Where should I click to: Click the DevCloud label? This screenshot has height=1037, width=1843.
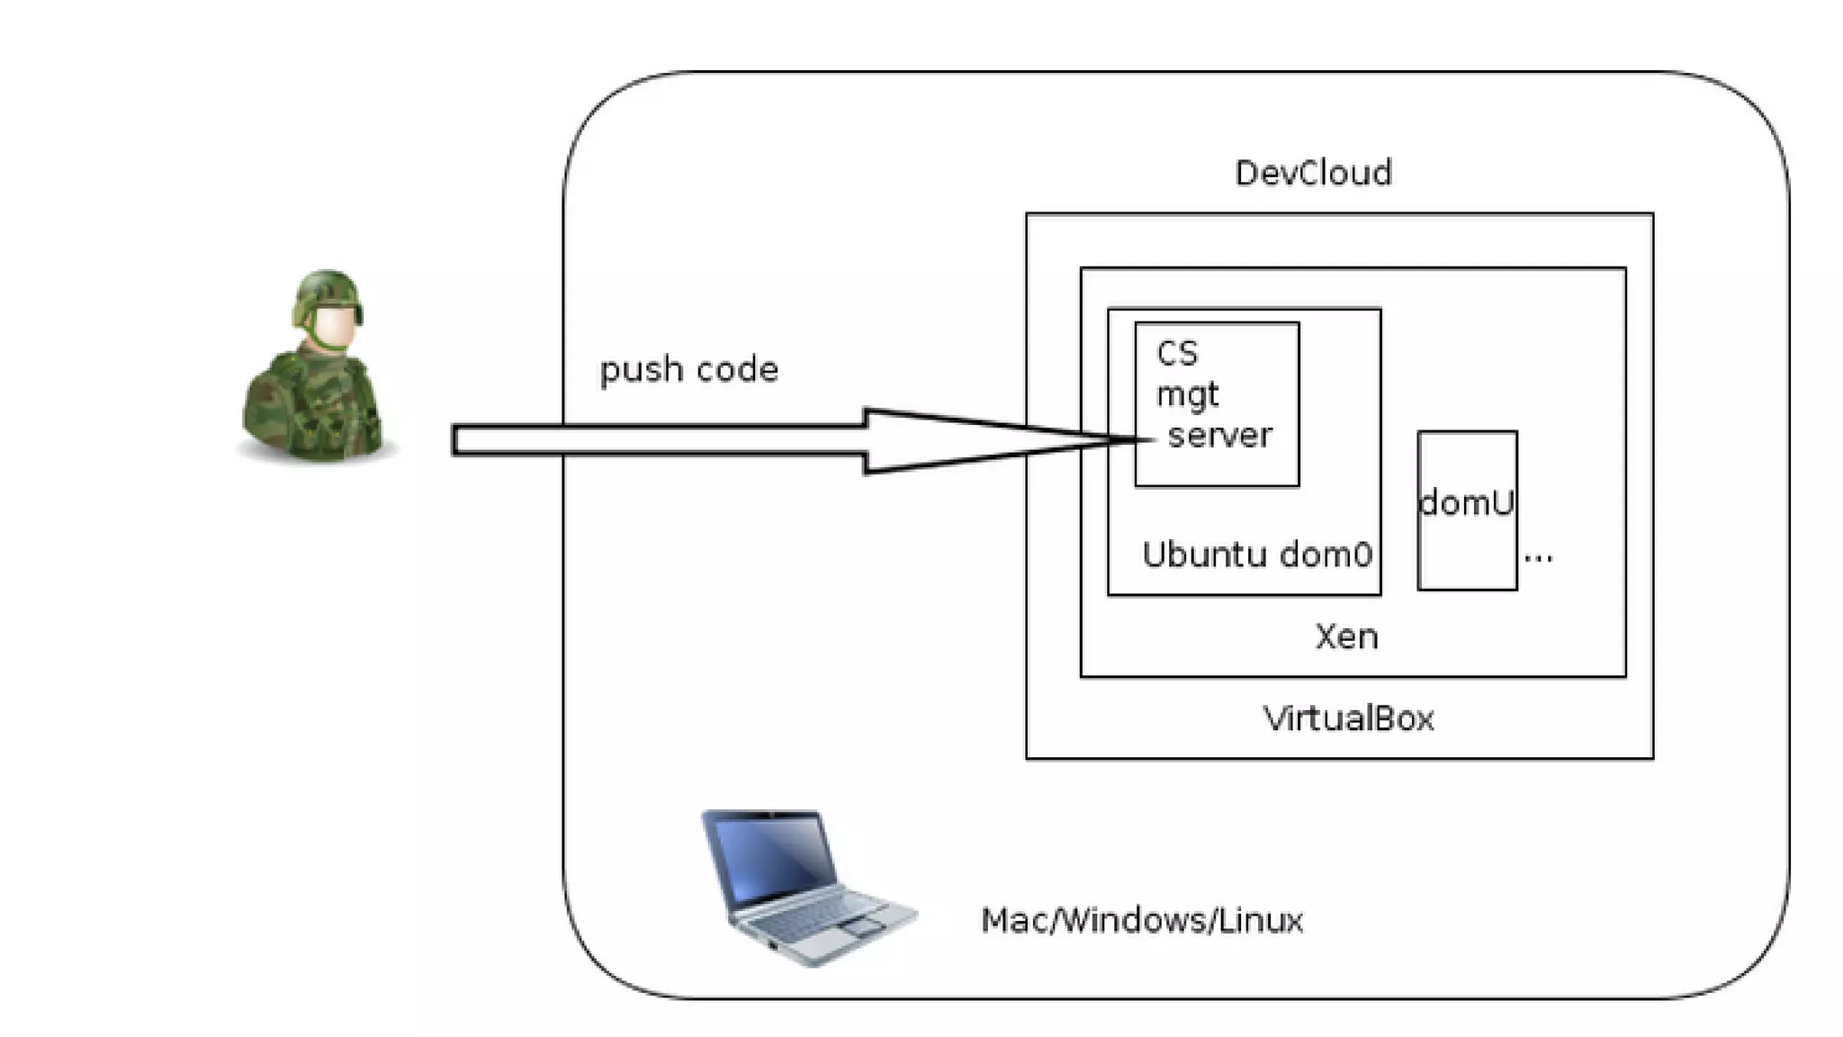coord(1313,172)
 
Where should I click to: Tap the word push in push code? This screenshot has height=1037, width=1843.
coord(640,370)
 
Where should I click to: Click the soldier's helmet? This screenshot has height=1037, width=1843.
coord(327,293)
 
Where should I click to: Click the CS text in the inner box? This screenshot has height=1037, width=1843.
coord(1177,353)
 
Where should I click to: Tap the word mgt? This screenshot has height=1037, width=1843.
coord(1187,395)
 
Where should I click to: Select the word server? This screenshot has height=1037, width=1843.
coord(1219,436)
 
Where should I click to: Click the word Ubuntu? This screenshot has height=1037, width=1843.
coord(1204,555)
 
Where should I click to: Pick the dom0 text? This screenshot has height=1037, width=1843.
coord(1326,555)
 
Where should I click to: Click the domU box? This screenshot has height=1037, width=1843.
coord(1467,509)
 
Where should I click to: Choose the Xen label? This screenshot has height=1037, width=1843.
coord(1346,636)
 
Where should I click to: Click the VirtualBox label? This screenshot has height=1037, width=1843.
coord(1348,718)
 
